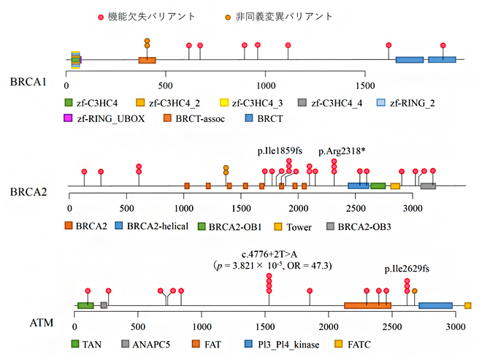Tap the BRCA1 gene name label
point(28,81)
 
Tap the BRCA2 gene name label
point(28,192)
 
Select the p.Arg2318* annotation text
point(343,151)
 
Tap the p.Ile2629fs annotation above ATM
point(407,269)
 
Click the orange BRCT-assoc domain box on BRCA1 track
point(148,60)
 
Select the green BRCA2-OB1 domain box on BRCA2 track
point(378,186)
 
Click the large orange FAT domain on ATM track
point(367,305)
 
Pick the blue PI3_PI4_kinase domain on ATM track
point(435,305)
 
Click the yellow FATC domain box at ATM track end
point(467,305)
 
